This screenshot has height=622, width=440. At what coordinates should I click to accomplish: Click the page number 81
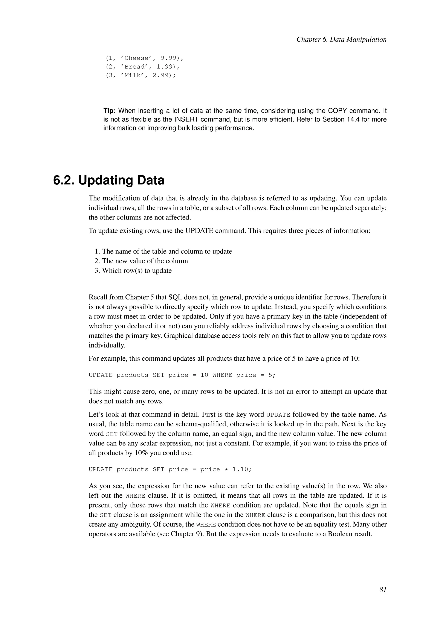383,590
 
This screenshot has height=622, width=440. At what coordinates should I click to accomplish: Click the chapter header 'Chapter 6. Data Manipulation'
341,40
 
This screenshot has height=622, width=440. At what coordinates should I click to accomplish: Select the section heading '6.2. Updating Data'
109,180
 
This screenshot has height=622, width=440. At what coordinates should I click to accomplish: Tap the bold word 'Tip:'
110,111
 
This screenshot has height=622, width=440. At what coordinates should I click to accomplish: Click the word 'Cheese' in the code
136,58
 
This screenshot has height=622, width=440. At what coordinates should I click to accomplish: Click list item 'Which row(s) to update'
137,271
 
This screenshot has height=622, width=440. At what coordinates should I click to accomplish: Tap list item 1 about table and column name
167,252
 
